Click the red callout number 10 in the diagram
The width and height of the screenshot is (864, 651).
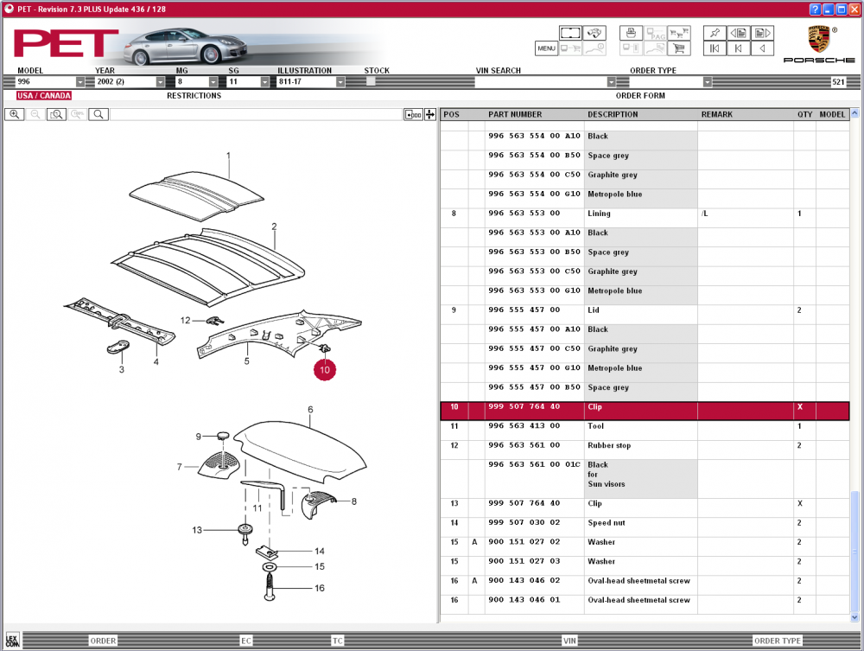(x=325, y=369)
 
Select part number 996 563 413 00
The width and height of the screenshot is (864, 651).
(x=524, y=426)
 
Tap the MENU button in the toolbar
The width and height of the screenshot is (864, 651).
(x=546, y=48)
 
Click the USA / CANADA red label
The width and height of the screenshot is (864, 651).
(x=44, y=96)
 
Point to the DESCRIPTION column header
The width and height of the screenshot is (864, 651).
(x=613, y=114)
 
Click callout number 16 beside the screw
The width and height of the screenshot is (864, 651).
(x=319, y=588)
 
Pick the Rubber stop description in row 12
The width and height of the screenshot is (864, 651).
(x=609, y=445)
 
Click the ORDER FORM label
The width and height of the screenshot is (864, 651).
(x=640, y=96)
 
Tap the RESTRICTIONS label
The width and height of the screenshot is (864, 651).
(x=194, y=96)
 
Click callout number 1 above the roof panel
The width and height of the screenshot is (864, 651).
(x=229, y=156)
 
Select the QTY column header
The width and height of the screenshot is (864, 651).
(x=804, y=114)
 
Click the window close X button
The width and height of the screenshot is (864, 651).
(x=854, y=9)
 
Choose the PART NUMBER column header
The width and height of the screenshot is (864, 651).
(x=515, y=114)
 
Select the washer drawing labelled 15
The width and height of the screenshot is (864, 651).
(x=267, y=567)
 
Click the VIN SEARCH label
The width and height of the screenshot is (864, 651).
(x=499, y=71)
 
